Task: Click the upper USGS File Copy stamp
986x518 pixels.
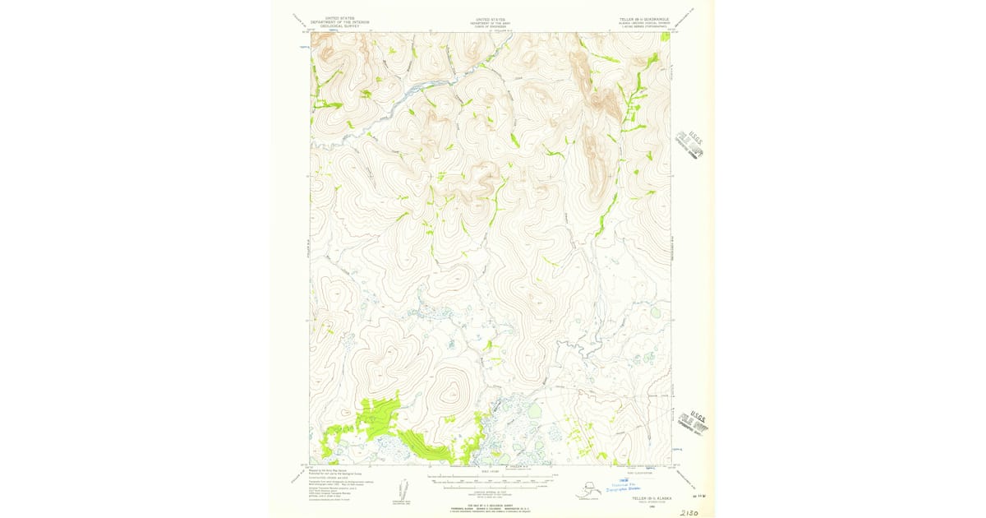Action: coord(690,143)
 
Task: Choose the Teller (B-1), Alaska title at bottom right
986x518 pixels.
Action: coord(651,499)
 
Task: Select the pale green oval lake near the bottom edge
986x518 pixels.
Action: coord(535,410)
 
